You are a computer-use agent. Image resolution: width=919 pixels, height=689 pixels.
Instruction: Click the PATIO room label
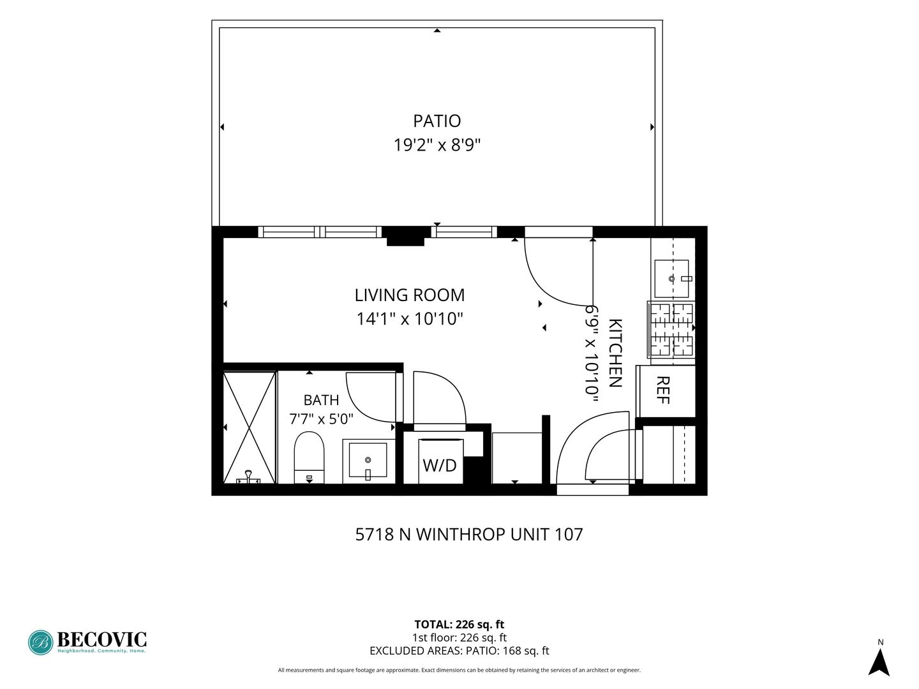pos(437,121)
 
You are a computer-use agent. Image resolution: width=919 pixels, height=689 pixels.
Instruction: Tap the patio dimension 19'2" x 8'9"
pos(437,145)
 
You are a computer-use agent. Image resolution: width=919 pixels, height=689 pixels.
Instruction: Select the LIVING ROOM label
pos(410,295)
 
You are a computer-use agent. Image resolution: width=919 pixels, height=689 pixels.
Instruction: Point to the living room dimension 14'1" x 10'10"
pos(410,319)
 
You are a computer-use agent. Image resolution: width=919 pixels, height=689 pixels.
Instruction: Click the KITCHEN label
pos(615,353)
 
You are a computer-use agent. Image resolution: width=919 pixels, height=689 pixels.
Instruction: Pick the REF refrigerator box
pos(666,390)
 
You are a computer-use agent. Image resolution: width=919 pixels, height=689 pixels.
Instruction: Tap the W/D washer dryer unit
pos(440,461)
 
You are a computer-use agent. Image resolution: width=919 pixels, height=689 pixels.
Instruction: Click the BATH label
pos(321,400)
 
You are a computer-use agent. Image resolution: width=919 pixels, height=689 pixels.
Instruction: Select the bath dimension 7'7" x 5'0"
pos(321,419)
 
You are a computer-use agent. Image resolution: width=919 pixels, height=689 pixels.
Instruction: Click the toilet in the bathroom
pos(309,457)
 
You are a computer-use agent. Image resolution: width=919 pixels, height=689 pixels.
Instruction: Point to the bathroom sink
pos(369,461)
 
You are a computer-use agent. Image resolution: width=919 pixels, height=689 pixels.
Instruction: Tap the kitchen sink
pos(671,279)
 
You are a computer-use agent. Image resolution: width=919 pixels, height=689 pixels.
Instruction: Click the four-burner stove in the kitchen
pos(671,330)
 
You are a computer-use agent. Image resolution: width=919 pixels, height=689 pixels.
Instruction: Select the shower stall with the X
pos(250,427)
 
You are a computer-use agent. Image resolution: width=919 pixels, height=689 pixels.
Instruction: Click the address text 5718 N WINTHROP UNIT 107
pos(469,534)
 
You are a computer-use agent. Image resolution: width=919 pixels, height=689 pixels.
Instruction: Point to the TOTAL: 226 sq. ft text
pos(459,624)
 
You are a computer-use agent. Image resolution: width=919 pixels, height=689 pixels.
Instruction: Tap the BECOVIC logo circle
pos(41,642)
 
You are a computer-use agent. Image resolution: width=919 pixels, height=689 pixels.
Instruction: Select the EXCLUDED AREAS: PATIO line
pos(459,651)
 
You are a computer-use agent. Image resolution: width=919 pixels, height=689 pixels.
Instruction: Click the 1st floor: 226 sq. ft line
pos(459,637)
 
